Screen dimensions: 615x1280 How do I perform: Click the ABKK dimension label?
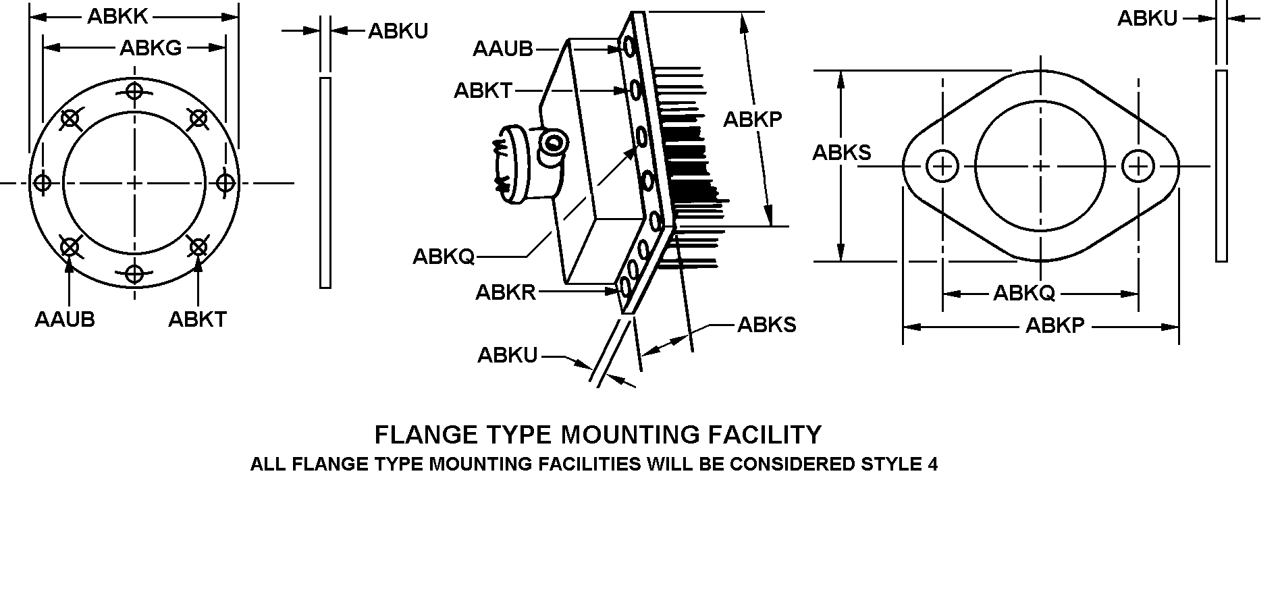coord(118,16)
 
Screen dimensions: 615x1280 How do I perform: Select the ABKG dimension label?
coord(151,48)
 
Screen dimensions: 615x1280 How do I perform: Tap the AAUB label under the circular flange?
coord(65,319)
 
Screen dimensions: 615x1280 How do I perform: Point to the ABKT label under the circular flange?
coord(197,319)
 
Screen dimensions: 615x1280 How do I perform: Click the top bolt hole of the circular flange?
coord(135,90)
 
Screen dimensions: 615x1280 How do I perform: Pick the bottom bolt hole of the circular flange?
coord(135,274)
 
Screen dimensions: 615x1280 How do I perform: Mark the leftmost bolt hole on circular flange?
coord(43,182)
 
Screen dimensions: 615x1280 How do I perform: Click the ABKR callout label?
coord(506,292)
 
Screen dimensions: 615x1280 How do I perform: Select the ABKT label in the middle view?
coord(483,90)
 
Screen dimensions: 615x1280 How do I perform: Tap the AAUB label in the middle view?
coord(503,49)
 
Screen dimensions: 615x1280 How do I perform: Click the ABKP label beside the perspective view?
coord(752,119)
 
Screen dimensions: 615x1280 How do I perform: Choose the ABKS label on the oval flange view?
coord(841,153)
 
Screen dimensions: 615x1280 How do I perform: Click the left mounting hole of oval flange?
coord(942,166)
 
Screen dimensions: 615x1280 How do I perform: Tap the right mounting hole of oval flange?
coord(1138,166)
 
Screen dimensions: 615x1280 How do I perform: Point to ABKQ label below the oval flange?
coord(1023,293)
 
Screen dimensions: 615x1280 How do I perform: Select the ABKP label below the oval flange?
coord(1055,325)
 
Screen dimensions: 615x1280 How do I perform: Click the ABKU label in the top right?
coord(1147,19)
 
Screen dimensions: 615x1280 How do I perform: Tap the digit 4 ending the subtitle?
coord(932,464)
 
